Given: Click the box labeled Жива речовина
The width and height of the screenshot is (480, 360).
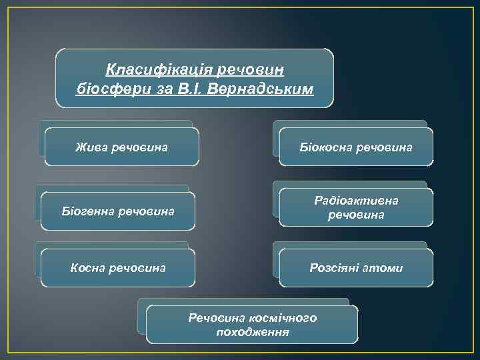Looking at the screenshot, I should pyautogui.click(x=121, y=147).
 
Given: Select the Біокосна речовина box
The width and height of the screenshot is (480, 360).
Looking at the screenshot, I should pyautogui.click(x=355, y=147).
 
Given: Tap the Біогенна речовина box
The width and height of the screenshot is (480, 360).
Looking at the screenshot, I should pyautogui.click(x=118, y=211).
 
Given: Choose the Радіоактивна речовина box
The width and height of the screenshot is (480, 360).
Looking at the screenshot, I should pyautogui.click(x=355, y=207).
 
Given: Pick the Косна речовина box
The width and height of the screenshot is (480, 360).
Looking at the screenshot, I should pyautogui.click(x=118, y=268).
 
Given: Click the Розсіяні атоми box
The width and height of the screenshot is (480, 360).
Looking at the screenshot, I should pyautogui.click(x=355, y=268).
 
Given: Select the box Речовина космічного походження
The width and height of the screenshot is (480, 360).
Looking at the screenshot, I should pyautogui.click(x=252, y=325).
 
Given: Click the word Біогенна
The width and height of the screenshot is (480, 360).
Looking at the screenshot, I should pyautogui.click(x=87, y=211).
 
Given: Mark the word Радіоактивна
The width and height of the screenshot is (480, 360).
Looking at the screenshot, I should pyautogui.click(x=356, y=200).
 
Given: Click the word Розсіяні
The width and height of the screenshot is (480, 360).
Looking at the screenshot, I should pyautogui.click(x=333, y=268).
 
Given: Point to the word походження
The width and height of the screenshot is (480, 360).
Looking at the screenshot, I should pyautogui.click(x=253, y=331).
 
